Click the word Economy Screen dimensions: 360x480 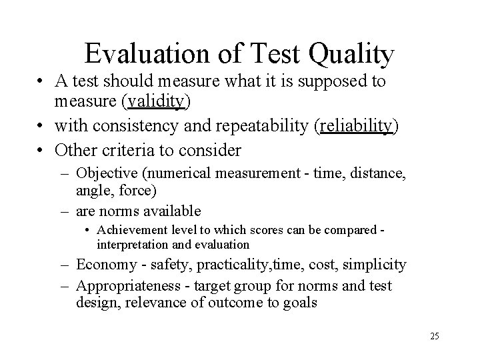click(103, 265)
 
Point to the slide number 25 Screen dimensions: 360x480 click(435, 335)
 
